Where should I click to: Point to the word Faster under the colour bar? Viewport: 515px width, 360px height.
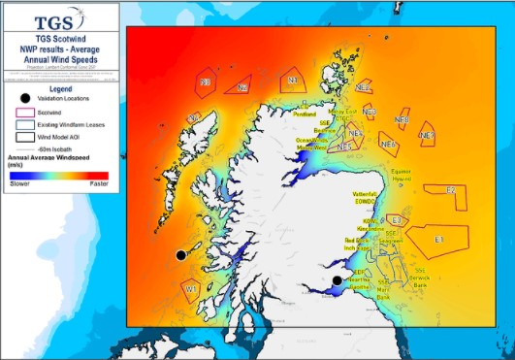click(98, 182)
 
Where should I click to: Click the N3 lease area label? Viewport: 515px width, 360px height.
click(206, 82)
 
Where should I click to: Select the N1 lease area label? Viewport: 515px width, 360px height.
click(292, 81)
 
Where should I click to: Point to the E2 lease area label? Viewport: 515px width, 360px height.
click(450, 190)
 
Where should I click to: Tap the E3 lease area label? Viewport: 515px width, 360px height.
click(397, 220)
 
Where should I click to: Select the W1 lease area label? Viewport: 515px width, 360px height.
click(191, 287)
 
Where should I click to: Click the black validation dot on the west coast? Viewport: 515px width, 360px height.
click(179, 254)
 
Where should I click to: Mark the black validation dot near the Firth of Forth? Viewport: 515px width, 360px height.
click(337, 280)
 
